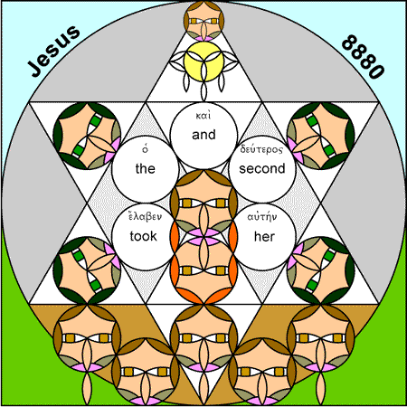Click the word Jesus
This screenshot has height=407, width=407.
tap(54, 51)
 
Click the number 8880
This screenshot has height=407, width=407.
tap(364, 57)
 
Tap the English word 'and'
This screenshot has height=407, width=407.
tap(203, 135)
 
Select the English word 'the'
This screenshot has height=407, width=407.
tap(146, 168)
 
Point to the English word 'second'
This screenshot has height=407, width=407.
tap(262, 168)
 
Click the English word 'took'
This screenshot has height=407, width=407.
tap(144, 236)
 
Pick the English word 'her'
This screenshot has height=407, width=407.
tap(264, 237)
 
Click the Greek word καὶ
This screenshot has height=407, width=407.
tap(203, 116)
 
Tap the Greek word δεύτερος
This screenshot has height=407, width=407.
tap(261, 149)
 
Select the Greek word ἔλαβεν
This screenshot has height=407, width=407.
tap(145, 216)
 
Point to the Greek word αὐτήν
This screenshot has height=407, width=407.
tap(262, 217)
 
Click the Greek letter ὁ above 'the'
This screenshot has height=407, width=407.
tap(146, 149)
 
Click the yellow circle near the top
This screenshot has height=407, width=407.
tap(203, 62)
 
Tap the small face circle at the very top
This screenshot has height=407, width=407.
tap(203, 21)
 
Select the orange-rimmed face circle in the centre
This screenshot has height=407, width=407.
tap(203, 270)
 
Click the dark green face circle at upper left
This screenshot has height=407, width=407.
tap(87, 136)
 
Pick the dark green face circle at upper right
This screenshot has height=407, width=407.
tap(321, 136)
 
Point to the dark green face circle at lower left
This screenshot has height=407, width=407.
tap(87, 270)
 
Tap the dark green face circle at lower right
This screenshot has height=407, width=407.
tap(321, 270)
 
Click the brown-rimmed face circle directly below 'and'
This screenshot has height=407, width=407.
tap(203, 203)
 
